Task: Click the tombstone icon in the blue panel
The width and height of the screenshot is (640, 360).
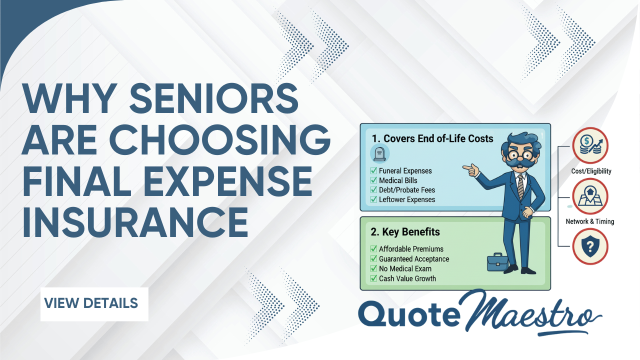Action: [377, 153]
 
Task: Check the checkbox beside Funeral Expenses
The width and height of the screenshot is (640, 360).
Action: [373, 171]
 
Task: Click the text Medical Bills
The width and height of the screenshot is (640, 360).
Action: [398, 180]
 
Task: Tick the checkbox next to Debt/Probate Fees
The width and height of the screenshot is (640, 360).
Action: [373, 190]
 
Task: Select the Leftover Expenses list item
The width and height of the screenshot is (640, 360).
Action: [407, 199]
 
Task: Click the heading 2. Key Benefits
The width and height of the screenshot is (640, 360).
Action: [405, 232]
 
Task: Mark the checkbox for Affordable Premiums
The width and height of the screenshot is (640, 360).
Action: [373, 249]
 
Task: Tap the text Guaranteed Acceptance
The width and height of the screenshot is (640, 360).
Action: [414, 259]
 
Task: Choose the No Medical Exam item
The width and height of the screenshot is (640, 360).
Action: [405, 268]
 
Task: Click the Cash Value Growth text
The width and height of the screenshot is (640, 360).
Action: [407, 278]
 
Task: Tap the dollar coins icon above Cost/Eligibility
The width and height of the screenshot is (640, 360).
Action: [590, 146]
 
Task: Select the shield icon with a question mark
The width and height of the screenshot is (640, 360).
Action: [590, 246]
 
